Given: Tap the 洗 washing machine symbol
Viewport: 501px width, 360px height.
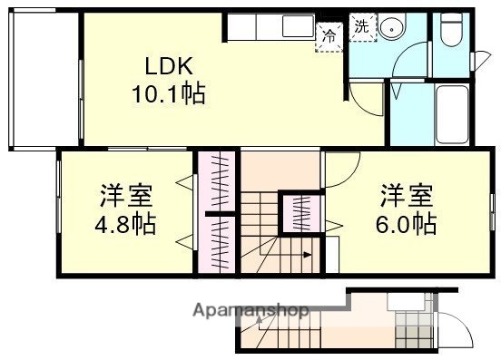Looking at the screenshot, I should tap(360, 27).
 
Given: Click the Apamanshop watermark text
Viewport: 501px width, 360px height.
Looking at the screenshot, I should tap(251, 311).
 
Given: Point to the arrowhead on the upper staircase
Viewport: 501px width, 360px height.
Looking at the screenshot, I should tap(308, 255).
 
